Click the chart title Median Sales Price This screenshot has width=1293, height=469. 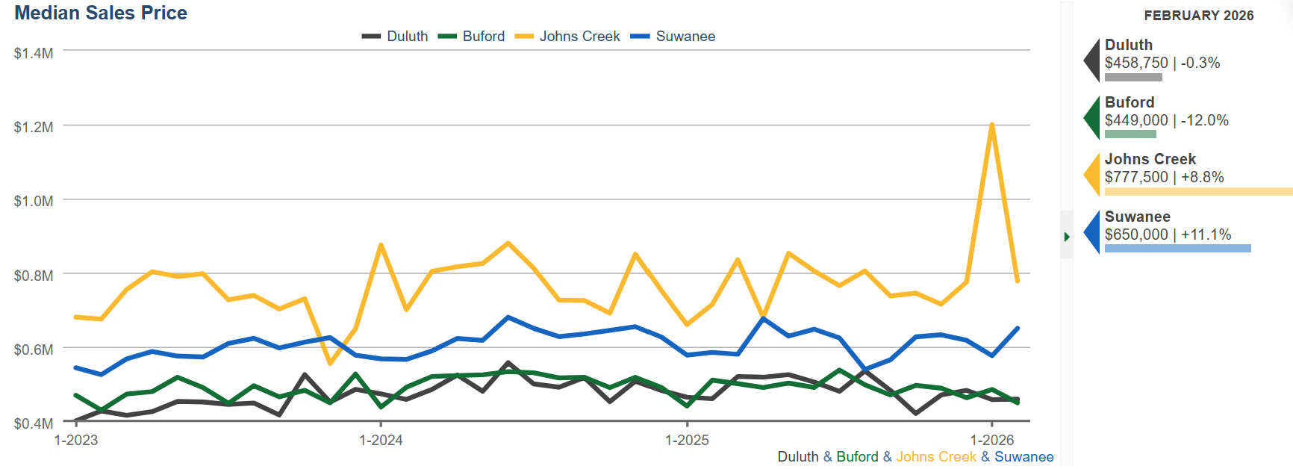point(101,13)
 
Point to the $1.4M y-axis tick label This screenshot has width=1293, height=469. point(34,53)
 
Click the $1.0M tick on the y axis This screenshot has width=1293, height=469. point(34,201)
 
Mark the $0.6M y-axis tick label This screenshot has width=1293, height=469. point(34,350)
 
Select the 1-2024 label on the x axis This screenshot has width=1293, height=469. point(381,440)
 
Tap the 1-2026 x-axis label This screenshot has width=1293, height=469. point(992,440)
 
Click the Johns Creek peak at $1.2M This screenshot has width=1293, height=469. point(991,125)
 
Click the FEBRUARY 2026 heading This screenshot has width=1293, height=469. point(1198,16)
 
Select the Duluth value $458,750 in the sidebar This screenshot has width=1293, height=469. point(1136,63)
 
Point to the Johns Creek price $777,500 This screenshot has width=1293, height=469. point(1136,177)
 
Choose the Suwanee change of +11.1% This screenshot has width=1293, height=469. point(1206,234)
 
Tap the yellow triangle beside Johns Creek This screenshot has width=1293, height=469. point(1092,174)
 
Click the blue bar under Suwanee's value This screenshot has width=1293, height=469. point(1177,248)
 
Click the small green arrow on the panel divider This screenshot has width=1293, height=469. point(1067,237)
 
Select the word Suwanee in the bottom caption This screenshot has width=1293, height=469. point(1024,456)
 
